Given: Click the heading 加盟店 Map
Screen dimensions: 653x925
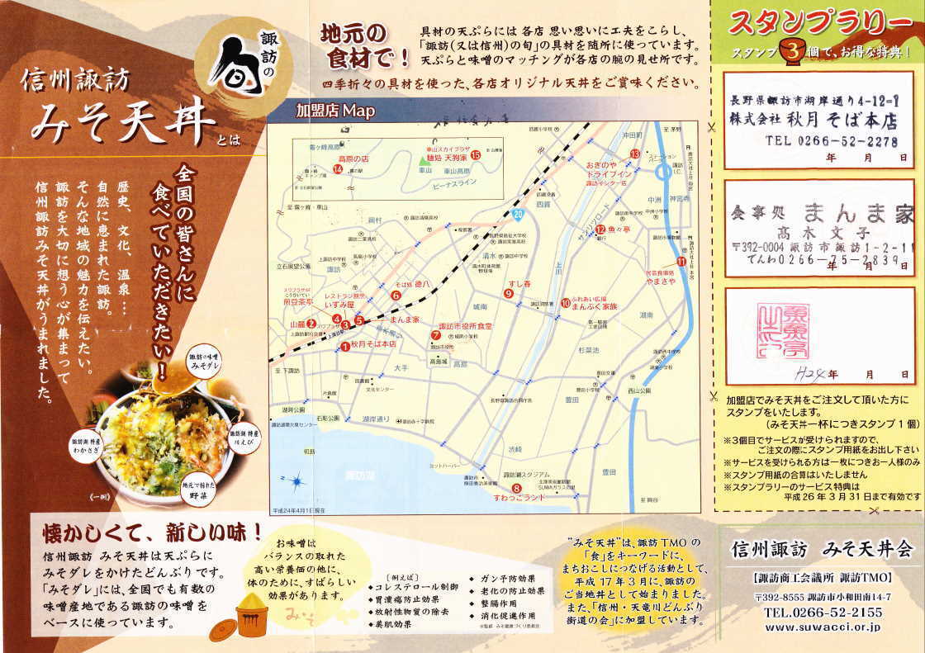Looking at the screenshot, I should click(x=334, y=111).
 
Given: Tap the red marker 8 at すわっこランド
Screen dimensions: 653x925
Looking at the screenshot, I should click(x=516, y=489).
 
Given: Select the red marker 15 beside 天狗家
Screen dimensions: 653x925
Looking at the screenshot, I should click(x=476, y=154).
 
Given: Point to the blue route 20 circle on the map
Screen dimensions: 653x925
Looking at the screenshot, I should click(x=518, y=215).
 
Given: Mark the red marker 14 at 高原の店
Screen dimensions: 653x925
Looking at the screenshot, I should click(x=337, y=169).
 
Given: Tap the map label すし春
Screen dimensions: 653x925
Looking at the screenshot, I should click(x=519, y=284).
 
